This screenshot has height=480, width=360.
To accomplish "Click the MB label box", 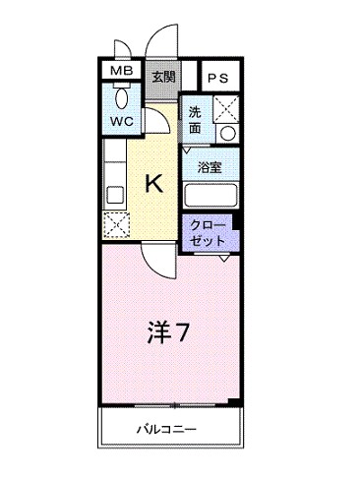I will (122, 72).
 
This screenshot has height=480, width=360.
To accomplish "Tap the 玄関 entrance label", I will (162, 76).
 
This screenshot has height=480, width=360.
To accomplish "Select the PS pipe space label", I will (217, 77).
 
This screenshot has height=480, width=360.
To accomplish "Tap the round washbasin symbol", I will (227, 133).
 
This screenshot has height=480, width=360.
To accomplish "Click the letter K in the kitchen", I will (154, 182).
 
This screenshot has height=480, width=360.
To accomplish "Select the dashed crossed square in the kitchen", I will (116, 223).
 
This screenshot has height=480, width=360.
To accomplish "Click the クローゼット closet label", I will (209, 232).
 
